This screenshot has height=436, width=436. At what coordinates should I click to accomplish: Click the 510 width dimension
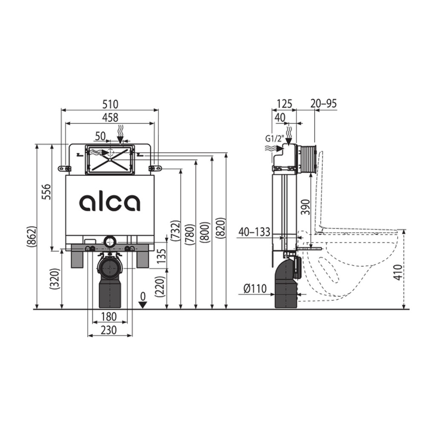[x=110, y=104]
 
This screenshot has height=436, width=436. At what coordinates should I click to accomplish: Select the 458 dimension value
[x=110, y=118]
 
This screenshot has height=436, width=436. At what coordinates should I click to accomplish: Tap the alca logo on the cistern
[x=110, y=202]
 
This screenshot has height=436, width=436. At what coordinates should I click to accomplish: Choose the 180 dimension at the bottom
[x=109, y=316]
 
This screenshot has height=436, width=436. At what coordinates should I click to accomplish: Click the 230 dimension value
[x=109, y=330]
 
